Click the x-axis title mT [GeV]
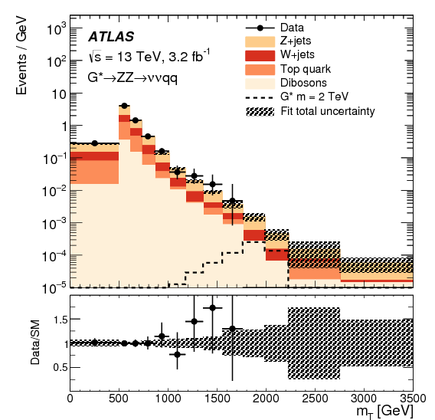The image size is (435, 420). (x=386, y=412)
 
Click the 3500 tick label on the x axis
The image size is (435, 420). (x=412, y=398)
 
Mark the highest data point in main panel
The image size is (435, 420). (x=124, y=106)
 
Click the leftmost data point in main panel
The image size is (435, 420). (x=94, y=143)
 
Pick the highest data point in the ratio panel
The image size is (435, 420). (x=212, y=307)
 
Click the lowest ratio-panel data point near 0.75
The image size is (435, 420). (x=178, y=355)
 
